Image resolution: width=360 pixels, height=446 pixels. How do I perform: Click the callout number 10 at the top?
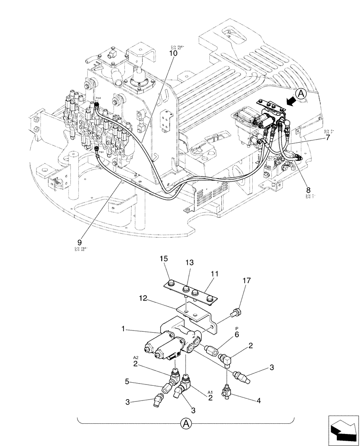pyautogui.click(x=173, y=53)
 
